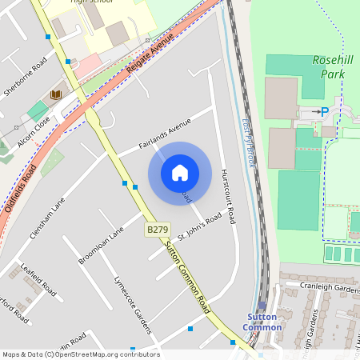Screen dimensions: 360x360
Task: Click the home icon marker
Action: pyautogui.click(x=180, y=173)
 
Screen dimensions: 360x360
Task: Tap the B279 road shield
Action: pyautogui.click(x=157, y=230)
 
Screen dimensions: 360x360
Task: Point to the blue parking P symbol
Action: pyautogui.click(x=324, y=113)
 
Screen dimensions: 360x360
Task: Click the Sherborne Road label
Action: pyautogui.click(x=25, y=77)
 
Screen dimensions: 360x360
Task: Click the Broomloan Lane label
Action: pyautogui.click(x=102, y=246)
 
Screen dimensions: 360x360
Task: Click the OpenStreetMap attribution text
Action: pyautogui.click(x=81, y=354)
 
